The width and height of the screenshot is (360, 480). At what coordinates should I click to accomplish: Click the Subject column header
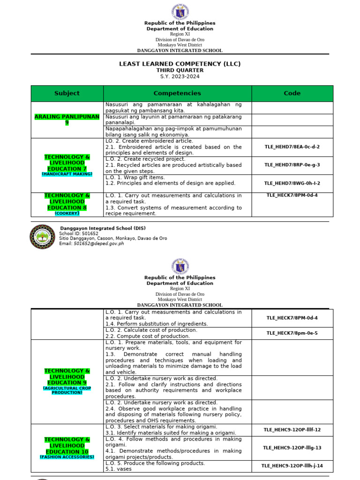click(67, 93)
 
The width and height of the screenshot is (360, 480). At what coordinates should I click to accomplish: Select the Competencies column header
click(177, 93)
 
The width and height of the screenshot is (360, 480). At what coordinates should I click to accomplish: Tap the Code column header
click(292, 93)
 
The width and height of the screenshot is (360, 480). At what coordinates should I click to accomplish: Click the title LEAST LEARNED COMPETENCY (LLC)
click(180, 64)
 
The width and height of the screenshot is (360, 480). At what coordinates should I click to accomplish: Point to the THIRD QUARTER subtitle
click(180, 70)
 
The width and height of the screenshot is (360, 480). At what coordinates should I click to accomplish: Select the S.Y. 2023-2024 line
click(180, 76)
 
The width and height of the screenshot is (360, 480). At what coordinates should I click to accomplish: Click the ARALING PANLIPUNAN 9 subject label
click(67, 120)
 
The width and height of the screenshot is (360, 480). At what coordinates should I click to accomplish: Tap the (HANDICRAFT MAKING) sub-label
click(67, 174)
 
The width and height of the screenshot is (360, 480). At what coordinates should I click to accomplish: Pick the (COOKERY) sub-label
click(67, 213)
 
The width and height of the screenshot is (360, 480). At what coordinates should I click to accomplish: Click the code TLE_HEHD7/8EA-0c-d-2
click(292, 147)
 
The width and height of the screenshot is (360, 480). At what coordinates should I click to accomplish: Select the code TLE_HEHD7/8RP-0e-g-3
click(292, 165)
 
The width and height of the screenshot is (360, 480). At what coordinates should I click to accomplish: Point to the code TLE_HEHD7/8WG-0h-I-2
click(292, 183)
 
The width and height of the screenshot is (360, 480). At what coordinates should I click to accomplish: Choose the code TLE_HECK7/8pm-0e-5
click(292, 333)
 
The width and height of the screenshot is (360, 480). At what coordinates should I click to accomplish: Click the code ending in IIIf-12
click(292, 429)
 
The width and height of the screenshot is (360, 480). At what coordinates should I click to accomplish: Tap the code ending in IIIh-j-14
click(292, 466)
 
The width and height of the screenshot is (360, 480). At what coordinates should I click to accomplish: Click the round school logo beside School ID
click(42, 236)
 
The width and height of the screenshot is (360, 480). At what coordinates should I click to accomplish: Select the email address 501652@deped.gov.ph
click(98, 244)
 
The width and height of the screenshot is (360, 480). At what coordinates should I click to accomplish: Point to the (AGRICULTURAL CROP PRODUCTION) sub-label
click(67, 390)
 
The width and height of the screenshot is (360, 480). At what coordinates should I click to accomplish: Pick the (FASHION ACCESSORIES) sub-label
click(67, 457)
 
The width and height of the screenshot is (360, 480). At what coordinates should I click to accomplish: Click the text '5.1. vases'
click(119, 469)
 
